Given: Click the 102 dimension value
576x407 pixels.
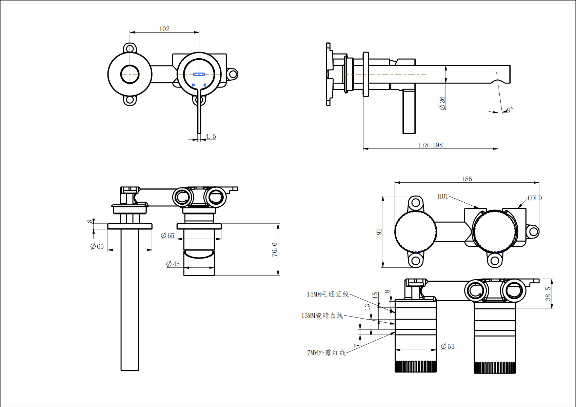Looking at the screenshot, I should click(x=164, y=29).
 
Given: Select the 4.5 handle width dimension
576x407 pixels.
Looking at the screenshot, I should click(x=211, y=137).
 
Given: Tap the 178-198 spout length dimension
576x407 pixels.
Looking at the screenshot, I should click(x=430, y=145).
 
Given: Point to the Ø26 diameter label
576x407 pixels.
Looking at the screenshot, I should click(x=442, y=103).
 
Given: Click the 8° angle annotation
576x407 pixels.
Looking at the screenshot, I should click(x=510, y=110).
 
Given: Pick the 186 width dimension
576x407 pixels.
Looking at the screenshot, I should click(x=466, y=179).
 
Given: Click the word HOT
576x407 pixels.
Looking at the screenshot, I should click(x=443, y=197).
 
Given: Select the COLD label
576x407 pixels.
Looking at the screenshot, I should click(x=535, y=198).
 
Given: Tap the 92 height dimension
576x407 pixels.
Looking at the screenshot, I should click(x=379, y=232).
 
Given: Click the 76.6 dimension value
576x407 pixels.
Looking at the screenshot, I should click(x=274, y=249).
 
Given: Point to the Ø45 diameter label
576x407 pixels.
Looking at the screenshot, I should click(x=173, y=264).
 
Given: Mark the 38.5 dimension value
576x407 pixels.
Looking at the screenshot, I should click(x=548, y=293).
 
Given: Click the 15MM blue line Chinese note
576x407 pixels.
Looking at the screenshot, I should click(x=327, y=294).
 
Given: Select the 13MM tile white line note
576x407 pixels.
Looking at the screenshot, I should click(x=322, y=316).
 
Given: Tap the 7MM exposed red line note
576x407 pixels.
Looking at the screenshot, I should click(x=326, y=353).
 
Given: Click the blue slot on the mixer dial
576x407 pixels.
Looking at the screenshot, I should click(x=199, y=74).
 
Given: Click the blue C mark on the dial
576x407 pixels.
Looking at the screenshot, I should click(x=205, y=85).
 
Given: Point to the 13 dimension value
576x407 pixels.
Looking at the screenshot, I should click(x=367, y=307).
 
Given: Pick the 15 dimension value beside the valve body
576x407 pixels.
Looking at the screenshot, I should click(x=375, y=295).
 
